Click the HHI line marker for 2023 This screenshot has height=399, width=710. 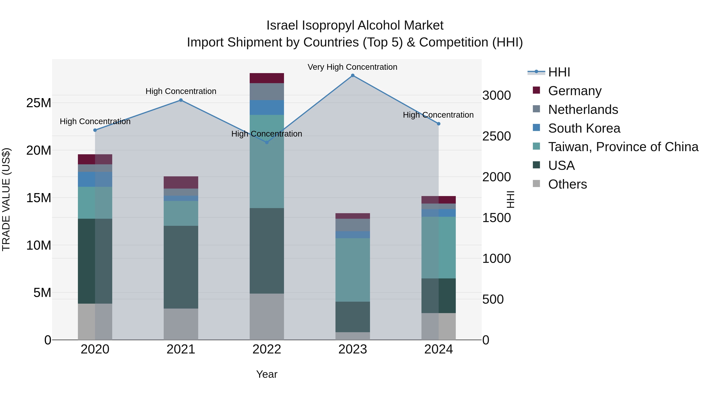[x=352, y=75]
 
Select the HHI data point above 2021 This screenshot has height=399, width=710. [x=181, y=100]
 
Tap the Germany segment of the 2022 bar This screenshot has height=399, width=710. [x=266, y=78]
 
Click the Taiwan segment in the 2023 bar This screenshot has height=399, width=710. [x=352, y=270]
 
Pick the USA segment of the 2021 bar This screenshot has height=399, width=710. [x=181, y=267]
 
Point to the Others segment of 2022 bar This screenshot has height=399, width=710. [x=266, y=317]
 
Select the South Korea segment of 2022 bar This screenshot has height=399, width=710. [x=266, y=108]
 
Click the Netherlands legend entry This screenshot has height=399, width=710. [x=583, y=110]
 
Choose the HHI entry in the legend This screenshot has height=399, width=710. [x=559, y=72]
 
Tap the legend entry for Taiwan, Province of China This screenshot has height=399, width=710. [x=623, y=147]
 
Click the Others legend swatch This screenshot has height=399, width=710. [x=536, y=184]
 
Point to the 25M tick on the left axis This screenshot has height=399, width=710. [x=39, y=103]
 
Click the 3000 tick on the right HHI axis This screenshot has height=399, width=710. [x=496, y=96]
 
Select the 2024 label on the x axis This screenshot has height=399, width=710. [x=438, y=349]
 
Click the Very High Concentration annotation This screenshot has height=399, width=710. [x=352, y=67]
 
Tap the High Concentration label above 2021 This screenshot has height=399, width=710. [x=181, y=91]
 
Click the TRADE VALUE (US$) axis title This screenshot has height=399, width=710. [x=6, y=199]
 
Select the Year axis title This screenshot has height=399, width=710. [x=266, y=374]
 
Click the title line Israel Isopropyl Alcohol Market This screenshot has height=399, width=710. [x=355, y=25]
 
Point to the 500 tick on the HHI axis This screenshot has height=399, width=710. [x=493, y=299]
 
